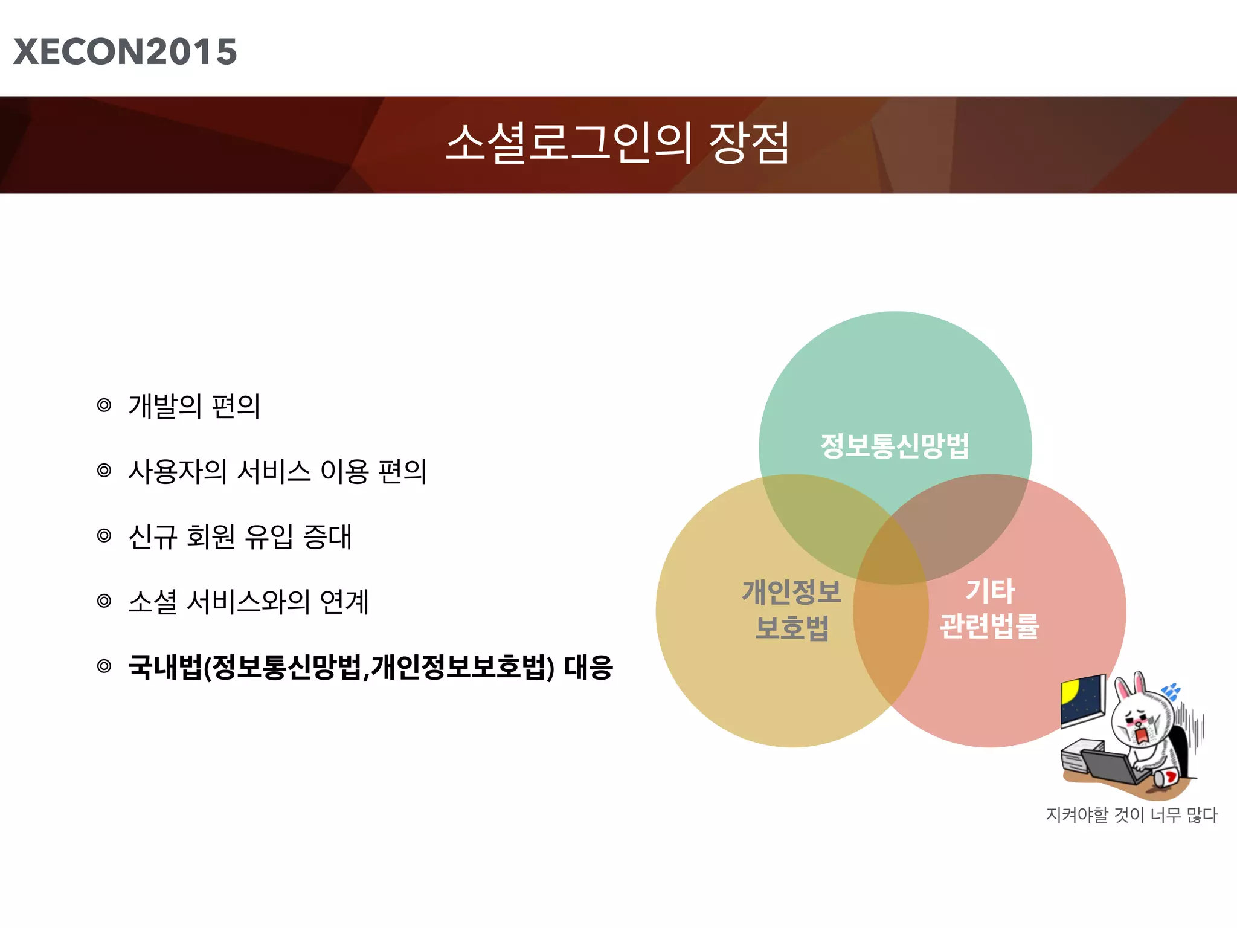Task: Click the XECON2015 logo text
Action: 125,52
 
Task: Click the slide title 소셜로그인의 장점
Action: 617,143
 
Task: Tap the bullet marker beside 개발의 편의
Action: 104,405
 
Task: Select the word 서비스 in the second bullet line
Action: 274,471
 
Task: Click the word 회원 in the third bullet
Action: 211,536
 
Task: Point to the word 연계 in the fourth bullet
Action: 344,602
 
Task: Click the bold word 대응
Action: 588,668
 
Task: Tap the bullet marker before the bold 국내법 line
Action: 104,666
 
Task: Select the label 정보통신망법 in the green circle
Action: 895,446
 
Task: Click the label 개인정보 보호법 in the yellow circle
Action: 791,610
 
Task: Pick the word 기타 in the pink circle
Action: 990,590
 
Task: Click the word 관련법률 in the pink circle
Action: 989,626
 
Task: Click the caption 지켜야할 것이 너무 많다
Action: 1131,815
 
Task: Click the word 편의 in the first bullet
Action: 236,406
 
